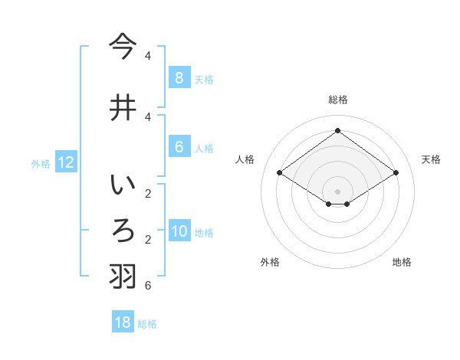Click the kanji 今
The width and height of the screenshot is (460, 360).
click(123, 47)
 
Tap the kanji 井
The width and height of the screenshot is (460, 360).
click(123, 106)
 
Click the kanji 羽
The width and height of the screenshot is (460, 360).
click(123, 277)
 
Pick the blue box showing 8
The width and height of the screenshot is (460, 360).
click(179, 77)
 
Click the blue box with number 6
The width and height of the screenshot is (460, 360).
click(179, 147)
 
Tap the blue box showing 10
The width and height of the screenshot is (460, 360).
click(179, 231)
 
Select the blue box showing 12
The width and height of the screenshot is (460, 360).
click(65, 162)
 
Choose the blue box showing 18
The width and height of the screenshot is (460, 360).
click(123, 322)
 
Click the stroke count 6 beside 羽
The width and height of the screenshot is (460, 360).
click(148, 286)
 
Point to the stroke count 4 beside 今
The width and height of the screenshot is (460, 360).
click(148, 56)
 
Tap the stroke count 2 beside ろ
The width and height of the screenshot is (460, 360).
click(148, 240)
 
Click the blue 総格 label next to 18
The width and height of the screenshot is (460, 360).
click(147, 324)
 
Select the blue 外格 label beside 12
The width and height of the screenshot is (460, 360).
click(41, 163)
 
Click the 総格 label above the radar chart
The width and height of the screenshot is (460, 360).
click(337, 100)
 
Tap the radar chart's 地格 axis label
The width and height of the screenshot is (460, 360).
click(402, 262)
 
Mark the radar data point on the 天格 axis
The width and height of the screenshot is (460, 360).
click(396, 173)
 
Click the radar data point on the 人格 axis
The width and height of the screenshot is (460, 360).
click(280, 173)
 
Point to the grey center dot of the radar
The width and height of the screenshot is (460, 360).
click(337, 191)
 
